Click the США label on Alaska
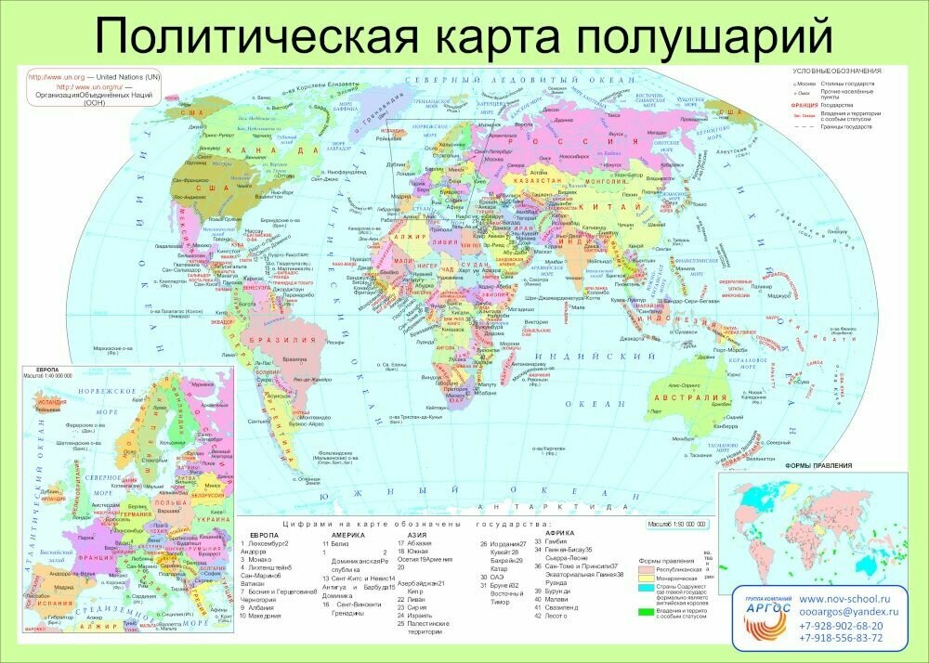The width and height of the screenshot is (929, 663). coord(192,113)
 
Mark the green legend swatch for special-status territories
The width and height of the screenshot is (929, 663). coord(645,613)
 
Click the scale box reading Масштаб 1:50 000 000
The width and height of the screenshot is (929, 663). coord(675,526)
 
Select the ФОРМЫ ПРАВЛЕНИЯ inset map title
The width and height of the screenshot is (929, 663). coord(814,465)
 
